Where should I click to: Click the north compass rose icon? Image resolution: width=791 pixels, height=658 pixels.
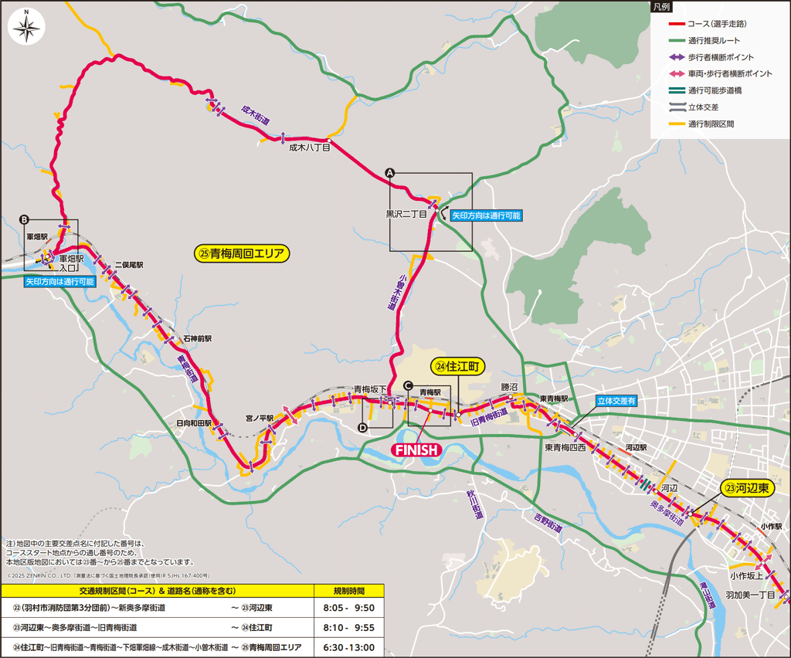[27, 29]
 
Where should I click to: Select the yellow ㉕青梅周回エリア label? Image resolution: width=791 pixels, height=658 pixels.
[241, 253]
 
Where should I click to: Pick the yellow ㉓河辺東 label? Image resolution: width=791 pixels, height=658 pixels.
[747, 487]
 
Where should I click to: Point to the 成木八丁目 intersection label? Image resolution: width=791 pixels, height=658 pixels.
[310, 148]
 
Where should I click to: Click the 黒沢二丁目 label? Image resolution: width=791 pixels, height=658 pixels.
[407, 214]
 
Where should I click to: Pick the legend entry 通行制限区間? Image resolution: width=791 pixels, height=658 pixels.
[711, 124]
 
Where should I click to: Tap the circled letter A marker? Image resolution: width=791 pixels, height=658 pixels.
[390, 173]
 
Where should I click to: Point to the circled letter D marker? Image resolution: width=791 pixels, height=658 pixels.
[362, 428]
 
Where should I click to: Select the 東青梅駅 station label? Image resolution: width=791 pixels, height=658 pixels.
[554, 399]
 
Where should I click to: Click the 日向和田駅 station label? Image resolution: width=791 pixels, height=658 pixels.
[194, 423]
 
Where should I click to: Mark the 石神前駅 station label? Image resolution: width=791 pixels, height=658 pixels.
[197, 338]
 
